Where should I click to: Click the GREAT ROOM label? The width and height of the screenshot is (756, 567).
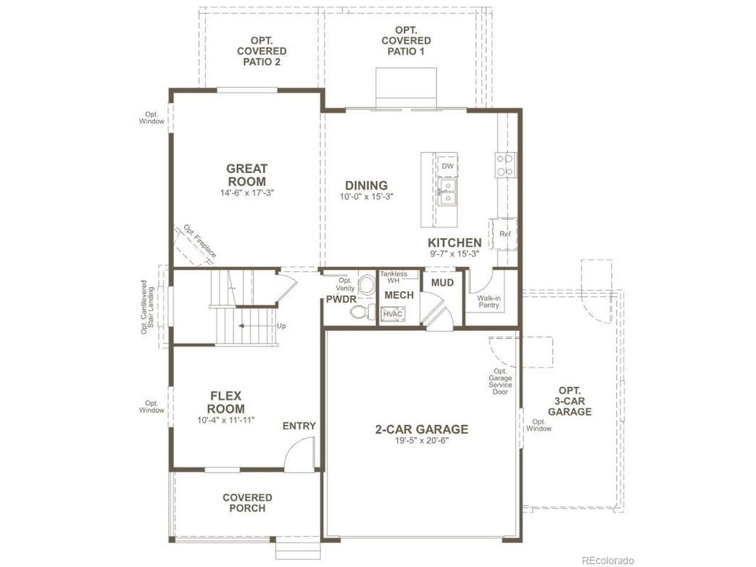tap(247, 175)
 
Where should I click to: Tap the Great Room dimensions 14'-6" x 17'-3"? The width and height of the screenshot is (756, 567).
tap(247, 193)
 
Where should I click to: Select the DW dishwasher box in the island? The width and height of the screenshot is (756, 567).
tap(448, 166)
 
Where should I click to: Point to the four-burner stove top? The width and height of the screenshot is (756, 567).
tap(506, 165)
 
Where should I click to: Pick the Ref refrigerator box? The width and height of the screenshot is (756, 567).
tap(504, 234)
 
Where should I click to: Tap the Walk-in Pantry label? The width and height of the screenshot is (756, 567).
tap(488, 302)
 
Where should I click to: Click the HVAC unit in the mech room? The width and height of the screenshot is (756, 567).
tap(393, 314)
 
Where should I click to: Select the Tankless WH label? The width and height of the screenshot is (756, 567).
tap(393, 277)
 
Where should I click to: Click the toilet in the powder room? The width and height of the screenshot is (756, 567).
tap(363, 312)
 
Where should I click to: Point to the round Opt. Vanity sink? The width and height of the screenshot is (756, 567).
tap(367, 284)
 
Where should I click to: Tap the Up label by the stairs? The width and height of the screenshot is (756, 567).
tap(281, 325)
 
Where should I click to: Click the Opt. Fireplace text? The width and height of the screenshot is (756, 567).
tap(200, 241)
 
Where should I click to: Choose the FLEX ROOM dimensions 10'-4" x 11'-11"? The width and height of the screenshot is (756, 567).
tap(226, 420)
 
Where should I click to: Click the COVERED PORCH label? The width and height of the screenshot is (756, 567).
tap(247, 503)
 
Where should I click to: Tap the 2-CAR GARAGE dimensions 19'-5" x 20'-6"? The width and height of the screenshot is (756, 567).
tap(422, 441)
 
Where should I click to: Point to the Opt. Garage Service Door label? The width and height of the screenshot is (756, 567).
tap(500, 381)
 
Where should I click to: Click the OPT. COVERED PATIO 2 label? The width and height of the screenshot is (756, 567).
tap(262, 51)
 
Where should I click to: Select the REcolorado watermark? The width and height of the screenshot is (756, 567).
tap(608, 561)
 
